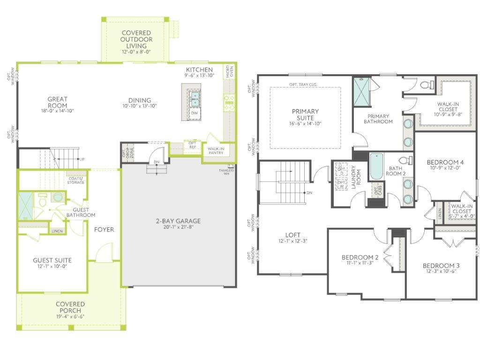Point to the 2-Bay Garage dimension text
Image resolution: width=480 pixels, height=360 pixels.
(178, 227)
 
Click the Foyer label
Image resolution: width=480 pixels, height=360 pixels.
(104, 229)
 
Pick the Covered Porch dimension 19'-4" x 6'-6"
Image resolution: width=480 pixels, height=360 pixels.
(70, 316)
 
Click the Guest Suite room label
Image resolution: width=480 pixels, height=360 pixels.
(52, 260)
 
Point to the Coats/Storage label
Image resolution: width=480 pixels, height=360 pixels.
(75, 180)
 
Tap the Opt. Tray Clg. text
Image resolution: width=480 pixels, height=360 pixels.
(306, 84)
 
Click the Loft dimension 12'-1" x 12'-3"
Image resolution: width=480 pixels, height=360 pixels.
(293, 242)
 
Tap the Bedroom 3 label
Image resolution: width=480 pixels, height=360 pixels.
(441, 265)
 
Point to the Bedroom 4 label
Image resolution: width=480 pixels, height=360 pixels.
(445, 163)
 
